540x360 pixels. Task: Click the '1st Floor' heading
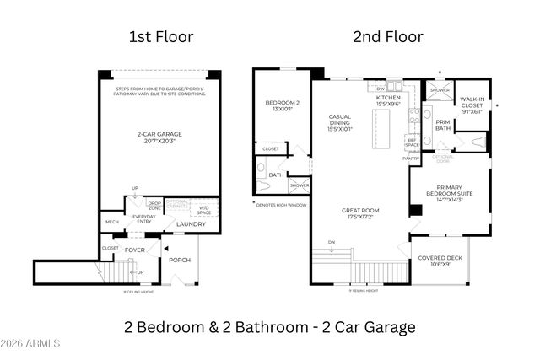coord(161,36)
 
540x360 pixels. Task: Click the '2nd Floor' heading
coord(387,36)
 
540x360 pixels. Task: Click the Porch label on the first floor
coord(180,260)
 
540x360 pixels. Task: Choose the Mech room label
coord(112,222)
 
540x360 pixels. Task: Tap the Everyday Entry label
coord(143,218)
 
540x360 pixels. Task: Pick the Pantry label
coord(411,159)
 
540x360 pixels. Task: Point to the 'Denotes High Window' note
coord(281,204)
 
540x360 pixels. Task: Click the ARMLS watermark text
coord(31,344)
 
